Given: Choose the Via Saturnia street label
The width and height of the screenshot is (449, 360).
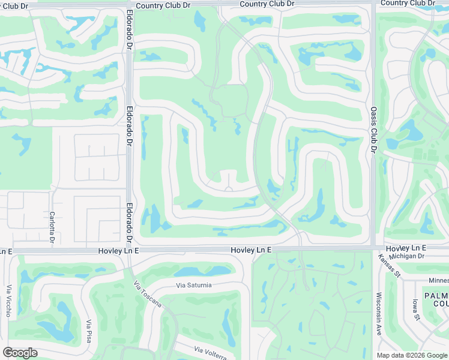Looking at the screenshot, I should coord(194,285).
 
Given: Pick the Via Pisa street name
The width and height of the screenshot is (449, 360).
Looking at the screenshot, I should coord(89,332).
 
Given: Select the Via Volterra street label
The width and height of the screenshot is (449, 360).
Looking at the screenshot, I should coord(210,353).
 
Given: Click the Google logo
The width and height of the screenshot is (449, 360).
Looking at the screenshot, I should coord(20,353).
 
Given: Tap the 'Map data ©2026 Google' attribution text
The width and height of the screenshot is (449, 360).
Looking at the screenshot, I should coord(411,355).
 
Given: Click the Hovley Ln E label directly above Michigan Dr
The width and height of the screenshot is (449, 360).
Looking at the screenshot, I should coord(406,248).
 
